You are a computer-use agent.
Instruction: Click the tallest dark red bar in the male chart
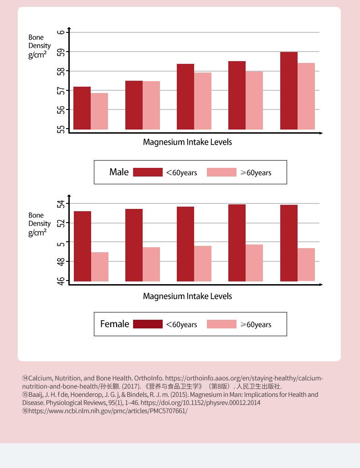(x=289, y=91)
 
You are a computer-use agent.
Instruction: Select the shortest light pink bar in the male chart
(x=99, y=111)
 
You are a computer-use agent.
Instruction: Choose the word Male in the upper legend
(x=119, y=172)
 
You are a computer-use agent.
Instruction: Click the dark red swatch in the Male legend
(x=148, y=172)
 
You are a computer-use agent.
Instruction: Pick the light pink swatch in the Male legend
(x=221, y=172)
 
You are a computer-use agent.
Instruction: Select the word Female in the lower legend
(x=114, y=324)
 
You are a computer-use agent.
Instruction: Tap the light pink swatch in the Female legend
(x=221, y=324)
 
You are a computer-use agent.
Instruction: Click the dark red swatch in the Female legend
(x=148, y=324)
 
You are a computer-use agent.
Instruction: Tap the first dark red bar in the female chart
(x=82, y=246)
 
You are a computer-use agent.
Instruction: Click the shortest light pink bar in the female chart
(x=100, y=267)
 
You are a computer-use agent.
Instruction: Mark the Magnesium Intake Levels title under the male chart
(x=187, y=142)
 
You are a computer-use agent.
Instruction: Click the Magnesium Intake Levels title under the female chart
(x=187, y=296)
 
